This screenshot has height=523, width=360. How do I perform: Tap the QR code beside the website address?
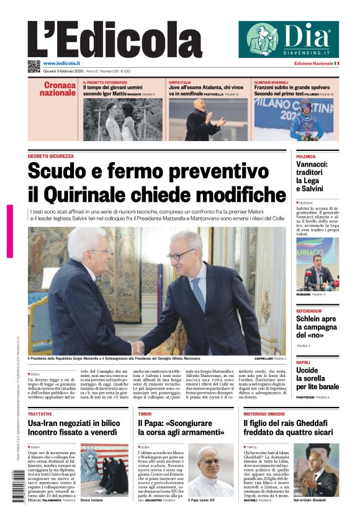click(x=34, y=65)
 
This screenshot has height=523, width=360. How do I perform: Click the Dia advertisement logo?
click(x=289, y=39)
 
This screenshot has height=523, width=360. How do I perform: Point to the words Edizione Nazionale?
click(x=313, y=63)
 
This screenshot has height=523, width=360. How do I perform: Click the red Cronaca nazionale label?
click(x=59, y=89)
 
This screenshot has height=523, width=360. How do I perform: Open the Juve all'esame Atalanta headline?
click(x=207, y=88)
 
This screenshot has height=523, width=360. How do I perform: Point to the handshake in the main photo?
click(x=138, y=346)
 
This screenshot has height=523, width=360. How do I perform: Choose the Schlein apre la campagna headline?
click(x=316, y=327)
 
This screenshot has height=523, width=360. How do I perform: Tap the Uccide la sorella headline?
click(x=316, y=378)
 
